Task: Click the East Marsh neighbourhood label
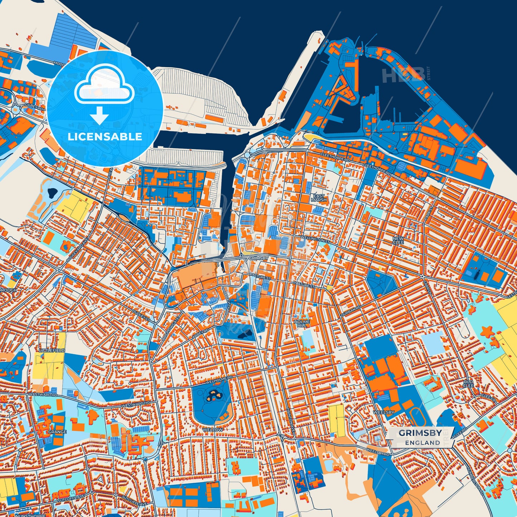coord(318,198)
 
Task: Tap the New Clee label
coord(398,240)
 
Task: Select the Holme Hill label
coord(302,324)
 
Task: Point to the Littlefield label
coord(53,351)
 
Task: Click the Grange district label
coord(57,432)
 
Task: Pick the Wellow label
coord(213,429)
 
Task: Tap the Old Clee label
coord(468,384)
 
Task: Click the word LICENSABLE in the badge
coord(105,136)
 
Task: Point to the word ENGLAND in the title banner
coord(423,443)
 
